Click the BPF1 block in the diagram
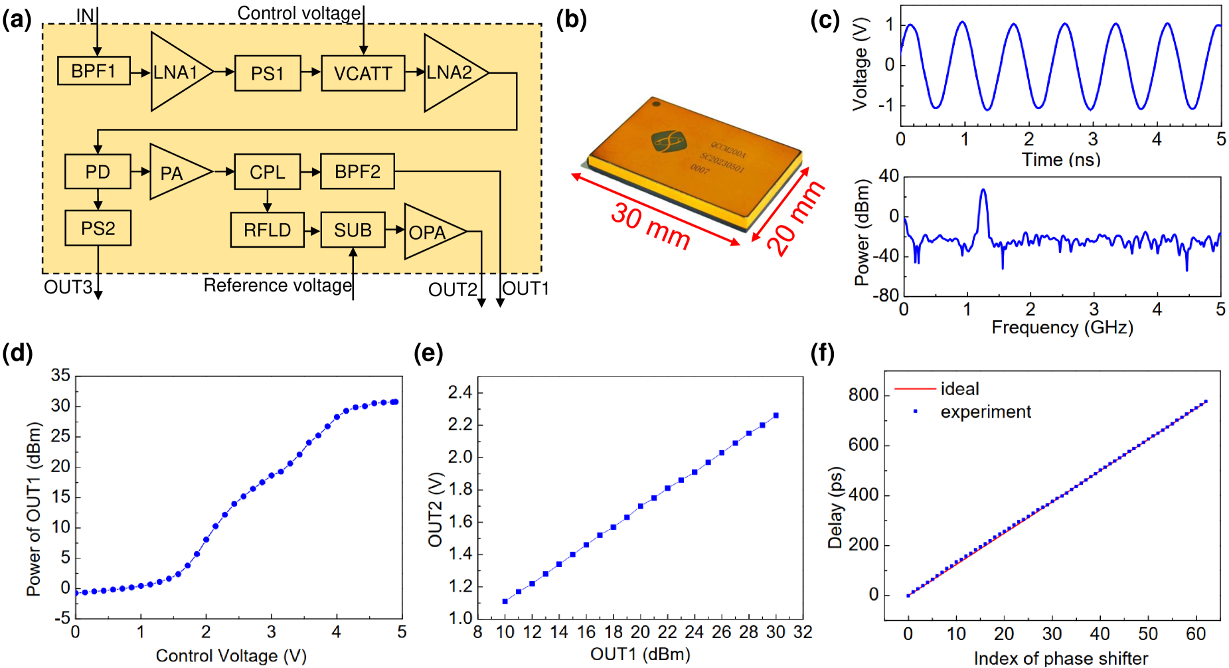pos(93,71)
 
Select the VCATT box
pos(363,73)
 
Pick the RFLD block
pos(267,230)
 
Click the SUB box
pos(353,230)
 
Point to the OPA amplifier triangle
pos(428,232)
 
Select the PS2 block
pos(98,228)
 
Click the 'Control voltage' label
pos(299,13)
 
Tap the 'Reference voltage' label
pos(278,285)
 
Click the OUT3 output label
pos(68,288)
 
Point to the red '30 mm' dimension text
pos(650,225)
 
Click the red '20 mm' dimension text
pos(795,218)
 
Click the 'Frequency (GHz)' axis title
pos(1062,327)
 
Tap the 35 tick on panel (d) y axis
pos(60,376)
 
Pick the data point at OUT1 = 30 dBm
pos(776,416)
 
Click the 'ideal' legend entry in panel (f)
pos(959,388)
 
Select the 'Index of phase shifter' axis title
pos(1060,658)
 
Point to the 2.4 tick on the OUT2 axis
pos(460,392)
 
